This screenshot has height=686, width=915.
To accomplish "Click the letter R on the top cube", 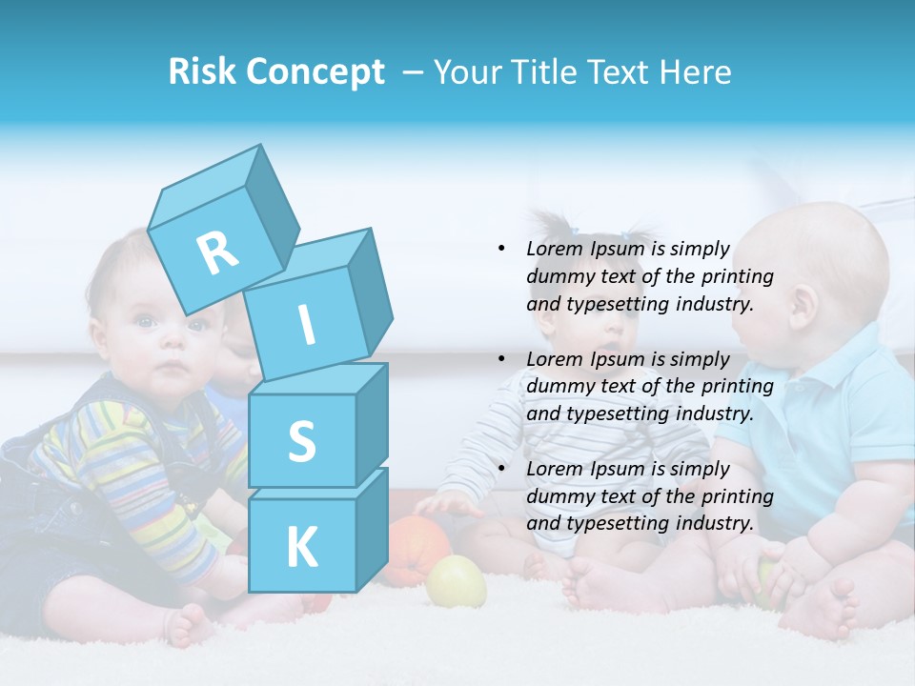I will pos(218,252).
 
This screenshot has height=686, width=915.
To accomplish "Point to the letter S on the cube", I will pos(301,442).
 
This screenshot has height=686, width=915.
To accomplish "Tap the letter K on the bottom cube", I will pos(301,548).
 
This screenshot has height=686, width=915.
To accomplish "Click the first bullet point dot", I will pos(502,250).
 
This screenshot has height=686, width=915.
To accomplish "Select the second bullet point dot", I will pos(502,359).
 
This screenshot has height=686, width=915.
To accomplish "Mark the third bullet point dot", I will pos(502,469).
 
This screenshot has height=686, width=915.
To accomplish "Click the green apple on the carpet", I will pos(456,581).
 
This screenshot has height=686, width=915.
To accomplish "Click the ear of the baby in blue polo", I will pos(803,303).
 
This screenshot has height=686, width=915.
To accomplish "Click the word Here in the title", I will pos(698,72).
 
